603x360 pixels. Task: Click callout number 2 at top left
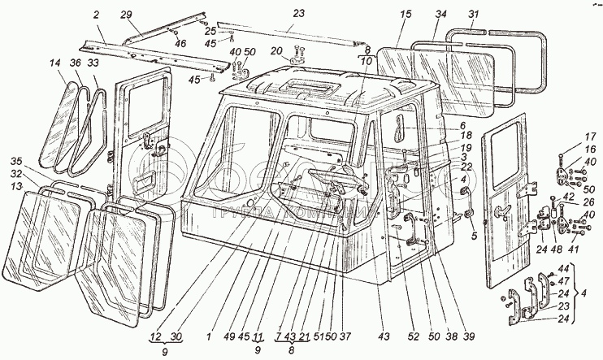[97, 15]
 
